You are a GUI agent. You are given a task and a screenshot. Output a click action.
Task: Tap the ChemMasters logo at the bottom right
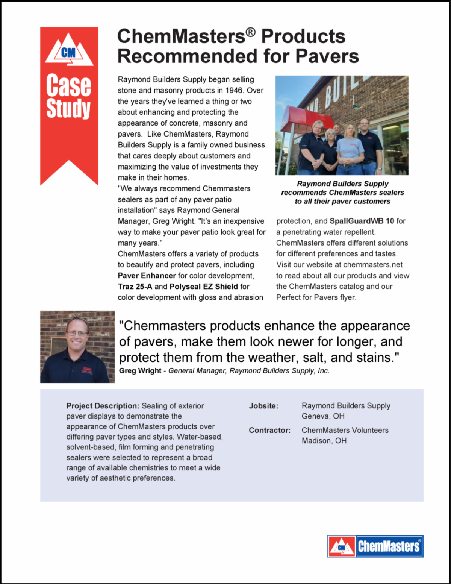[x=375, y=546]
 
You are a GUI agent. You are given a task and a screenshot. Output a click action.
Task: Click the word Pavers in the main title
[x=327, y=56]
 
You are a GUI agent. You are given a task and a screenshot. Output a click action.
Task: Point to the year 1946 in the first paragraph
[x=234, y=90]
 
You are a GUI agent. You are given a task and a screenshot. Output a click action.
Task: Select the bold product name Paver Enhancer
[x=147, y=276]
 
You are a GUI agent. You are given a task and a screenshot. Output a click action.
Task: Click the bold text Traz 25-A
[x=135, y=287]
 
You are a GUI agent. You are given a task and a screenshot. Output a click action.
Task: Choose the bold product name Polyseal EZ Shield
[x=204, y=287]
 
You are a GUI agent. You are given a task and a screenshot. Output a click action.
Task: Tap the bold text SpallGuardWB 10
[x=362, y=221]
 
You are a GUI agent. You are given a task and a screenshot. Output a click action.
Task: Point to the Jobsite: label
[x=263, y=406]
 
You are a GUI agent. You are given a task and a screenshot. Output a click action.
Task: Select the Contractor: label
[x=269, y=430]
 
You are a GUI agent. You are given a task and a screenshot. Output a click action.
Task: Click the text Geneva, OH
[x=323, y=416]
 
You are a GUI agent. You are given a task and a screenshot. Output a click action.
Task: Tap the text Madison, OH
[x=324, y=441]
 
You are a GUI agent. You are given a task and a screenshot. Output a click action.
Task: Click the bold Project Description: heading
[x=103, y=406]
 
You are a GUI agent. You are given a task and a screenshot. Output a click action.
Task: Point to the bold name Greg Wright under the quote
[x=140, y=371]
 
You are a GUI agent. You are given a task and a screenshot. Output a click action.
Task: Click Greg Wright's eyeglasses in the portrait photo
[x=77, y=333]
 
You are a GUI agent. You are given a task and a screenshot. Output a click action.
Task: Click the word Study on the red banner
[x=68, y=108]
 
